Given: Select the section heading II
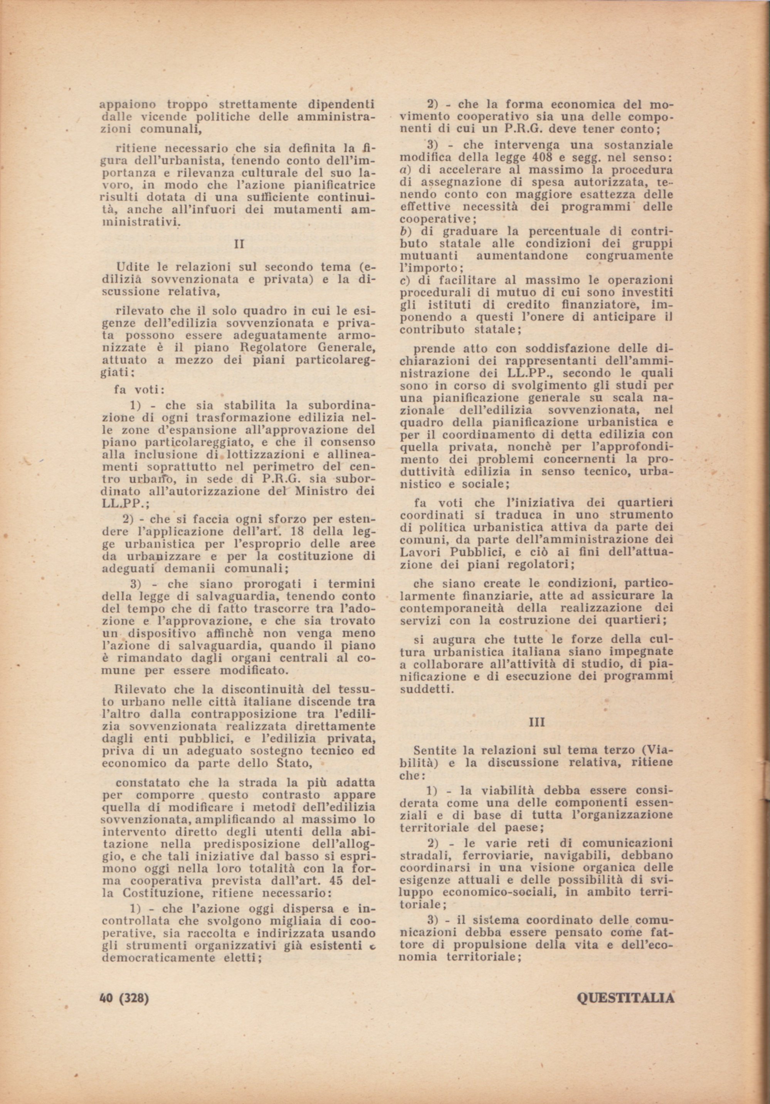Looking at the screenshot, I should tap(239, 244).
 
